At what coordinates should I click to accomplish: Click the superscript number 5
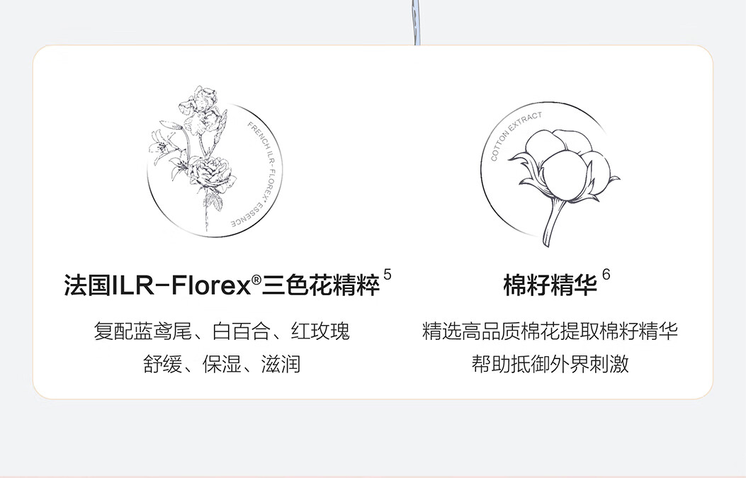pos(387,274)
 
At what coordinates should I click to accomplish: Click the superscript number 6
pos(606,274)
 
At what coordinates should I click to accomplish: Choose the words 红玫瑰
pos(321,331)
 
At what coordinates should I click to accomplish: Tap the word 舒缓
pos(159,365)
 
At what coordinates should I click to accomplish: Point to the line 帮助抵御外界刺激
pos(550,365)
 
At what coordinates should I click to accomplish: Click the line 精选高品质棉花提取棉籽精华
pos(550,331)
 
